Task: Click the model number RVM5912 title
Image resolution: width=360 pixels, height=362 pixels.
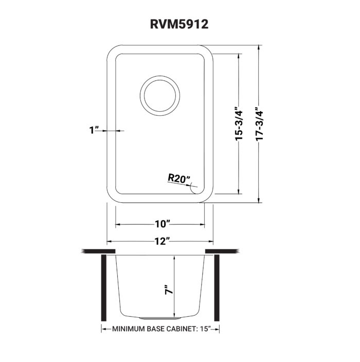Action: tap(179, 24)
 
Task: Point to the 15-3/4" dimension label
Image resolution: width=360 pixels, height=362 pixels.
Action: tap(239, 124)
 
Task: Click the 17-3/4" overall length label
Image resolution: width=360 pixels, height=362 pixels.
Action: tap(259, 124)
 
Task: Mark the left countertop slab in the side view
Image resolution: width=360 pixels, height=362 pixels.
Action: tap(98, 251)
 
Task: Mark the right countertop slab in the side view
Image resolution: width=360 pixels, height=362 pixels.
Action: tap(223, 251)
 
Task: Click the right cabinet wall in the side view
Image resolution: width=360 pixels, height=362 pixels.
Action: tap(217, 288)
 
